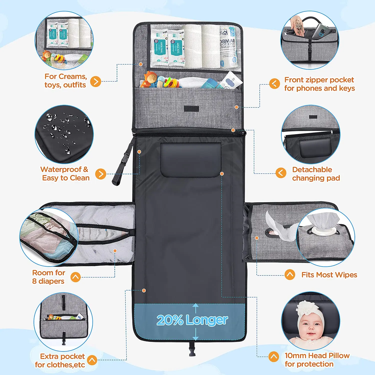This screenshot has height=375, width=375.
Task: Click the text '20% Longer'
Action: point(192,320)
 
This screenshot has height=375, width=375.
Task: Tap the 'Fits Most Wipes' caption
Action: point(329,275)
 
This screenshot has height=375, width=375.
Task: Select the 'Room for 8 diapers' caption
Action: point(48,277)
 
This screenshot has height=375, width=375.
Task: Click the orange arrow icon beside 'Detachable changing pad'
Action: point(281,173)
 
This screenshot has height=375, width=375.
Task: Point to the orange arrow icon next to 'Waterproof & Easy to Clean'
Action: point(101,174)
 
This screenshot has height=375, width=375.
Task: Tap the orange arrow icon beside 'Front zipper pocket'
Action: point(274,83)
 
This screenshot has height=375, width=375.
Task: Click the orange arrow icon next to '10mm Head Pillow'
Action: point(273,357)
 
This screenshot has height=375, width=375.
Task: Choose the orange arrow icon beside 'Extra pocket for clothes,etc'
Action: point(92,360)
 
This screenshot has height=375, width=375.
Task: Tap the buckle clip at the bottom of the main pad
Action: point(192,349)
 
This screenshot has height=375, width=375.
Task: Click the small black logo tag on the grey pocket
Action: point(191,108)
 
